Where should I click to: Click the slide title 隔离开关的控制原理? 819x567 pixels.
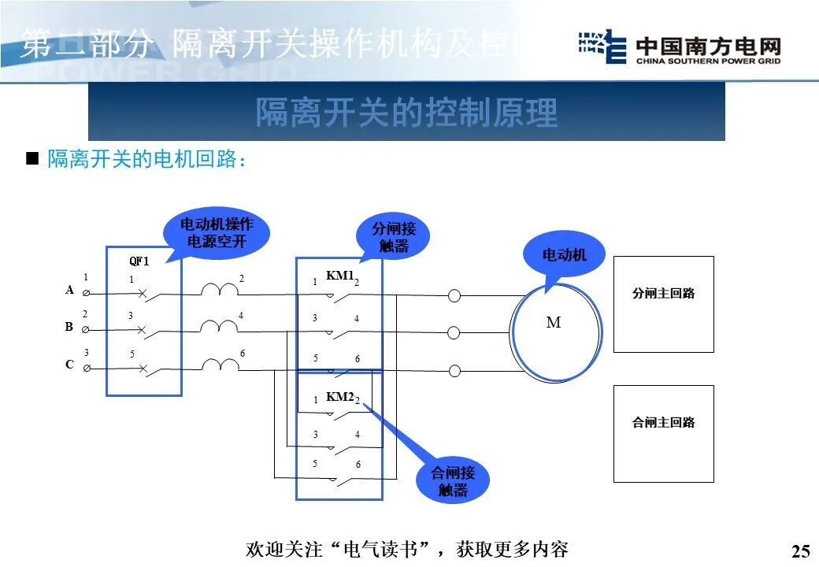(x=406, y=113)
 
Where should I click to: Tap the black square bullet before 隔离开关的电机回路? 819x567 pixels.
(x=32, y=158)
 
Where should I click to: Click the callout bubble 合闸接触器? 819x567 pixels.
(x=453, y=480)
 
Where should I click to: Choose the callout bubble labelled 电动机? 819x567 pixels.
(x=564, y=254)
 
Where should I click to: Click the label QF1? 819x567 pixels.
(x=139, y=261)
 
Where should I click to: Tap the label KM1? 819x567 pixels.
(x=339, y=276)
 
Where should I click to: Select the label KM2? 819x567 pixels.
(x=339, y=397)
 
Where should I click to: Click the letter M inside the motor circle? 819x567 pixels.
(x=554, y=323)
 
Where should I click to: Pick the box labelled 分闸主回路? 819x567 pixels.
(x=663, y=304)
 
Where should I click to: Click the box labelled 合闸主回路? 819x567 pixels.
(x=663, y=433)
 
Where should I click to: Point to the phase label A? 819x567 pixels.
(x=69, y=290)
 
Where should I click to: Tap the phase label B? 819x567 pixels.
(x=69, y=326)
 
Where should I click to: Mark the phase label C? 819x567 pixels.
(x=69, y=365)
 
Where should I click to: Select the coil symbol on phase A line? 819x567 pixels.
(x=220, y=291)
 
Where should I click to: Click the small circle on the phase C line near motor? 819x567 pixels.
(x=454, y=370)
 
